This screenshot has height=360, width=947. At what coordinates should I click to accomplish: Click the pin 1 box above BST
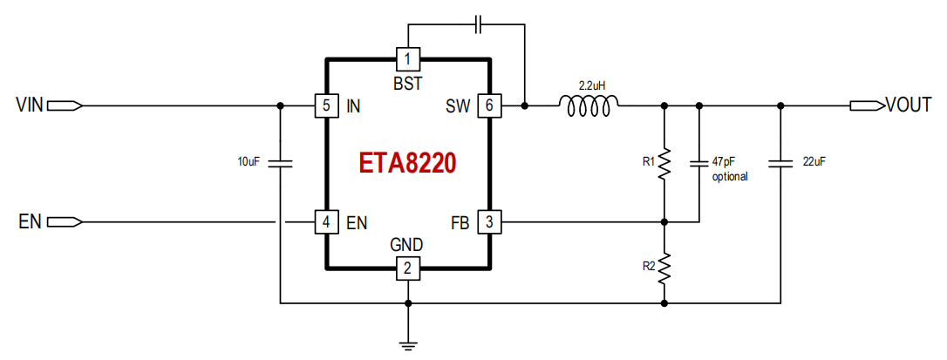(x=408, y=59)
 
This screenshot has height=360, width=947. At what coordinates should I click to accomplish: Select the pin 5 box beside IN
(x=326, y=105)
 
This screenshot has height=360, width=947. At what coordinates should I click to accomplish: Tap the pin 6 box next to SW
(x=489, y=105)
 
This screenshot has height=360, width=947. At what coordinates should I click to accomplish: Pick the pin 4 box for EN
(x=326, y=222)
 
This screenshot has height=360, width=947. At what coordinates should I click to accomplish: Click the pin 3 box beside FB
(x=489, y=222)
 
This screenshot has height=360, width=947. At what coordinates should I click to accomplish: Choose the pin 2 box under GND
(x=408, y=268)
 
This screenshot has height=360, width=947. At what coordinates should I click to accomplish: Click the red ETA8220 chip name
(x=408, y=164)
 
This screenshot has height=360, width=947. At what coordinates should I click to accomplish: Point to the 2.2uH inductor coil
(x=589, y=105)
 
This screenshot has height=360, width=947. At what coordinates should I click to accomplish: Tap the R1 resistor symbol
(x=664, y=164)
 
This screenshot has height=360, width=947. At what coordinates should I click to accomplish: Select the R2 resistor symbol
(x=664, y=268)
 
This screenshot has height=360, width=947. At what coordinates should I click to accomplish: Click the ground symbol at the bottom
(x=408, y=345)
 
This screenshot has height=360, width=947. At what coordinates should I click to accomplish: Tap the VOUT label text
(x=909, y=105)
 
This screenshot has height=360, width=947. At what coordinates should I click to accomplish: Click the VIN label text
(x=30, y=105)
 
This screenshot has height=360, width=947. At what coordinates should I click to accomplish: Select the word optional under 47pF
(x=730, y=177)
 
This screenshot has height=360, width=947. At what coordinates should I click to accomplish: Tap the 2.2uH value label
(x=592, y=86)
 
